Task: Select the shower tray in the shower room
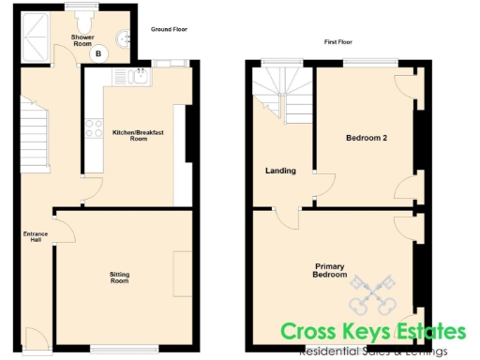(38, 37)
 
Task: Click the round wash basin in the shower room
(123, 39)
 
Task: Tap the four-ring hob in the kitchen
(95, 128)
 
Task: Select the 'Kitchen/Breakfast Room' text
(138, 136)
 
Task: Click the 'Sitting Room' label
(119, 277)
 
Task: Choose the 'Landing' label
(280, 171)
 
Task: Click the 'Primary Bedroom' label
(331, 270)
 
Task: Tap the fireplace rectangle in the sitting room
(182, 276)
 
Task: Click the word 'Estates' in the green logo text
(423, 331)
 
